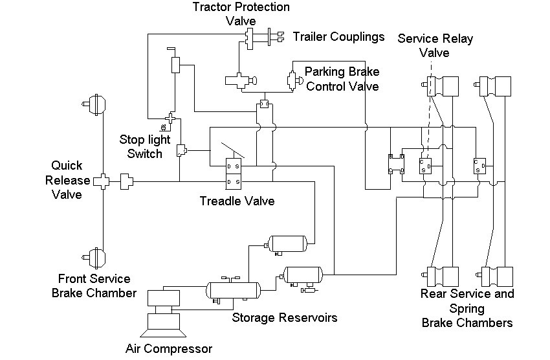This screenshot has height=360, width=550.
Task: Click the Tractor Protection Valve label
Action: click(241, 14)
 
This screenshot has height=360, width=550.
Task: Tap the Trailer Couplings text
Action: click(338, 36)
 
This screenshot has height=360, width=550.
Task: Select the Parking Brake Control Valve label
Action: click(342, 79)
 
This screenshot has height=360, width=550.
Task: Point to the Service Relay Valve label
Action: click(435, 45)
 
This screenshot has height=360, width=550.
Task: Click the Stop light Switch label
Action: click(144, 146)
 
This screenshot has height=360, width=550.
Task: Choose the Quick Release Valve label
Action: click(67, 179)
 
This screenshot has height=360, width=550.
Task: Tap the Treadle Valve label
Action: click(237, 201)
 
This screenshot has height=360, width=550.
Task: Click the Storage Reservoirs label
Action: click(285, 317)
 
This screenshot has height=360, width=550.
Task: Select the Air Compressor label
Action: click(169, 349)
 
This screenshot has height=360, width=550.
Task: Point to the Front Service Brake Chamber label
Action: click(94, 286)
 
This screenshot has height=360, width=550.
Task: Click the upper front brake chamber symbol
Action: click(94, 104)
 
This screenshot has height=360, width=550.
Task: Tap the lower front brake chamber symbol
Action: click(94, 258)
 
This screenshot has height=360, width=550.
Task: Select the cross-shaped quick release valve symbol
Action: click(103, 181)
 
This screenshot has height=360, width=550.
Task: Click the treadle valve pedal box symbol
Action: click(233, 174)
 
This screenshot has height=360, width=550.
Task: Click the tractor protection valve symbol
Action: click(249, 39)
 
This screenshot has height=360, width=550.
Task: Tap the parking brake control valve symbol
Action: click(294, 81)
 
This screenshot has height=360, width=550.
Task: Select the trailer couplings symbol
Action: click(276, 37)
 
